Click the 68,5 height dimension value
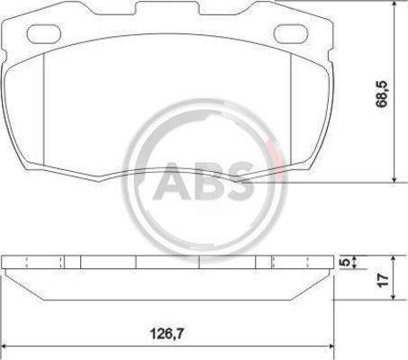click(x=382, y=94)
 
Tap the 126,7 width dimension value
click(x=167, y=333)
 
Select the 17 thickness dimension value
click(x=383, y=280)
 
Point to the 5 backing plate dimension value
click(x=347, y=262)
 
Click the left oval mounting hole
click(x=44, y=33)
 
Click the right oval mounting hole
click(x=291, y=33)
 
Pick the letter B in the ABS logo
click(x=208, y=181)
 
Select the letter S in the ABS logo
click(x=240, y=181)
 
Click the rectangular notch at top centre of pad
click(x=168, y=8)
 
